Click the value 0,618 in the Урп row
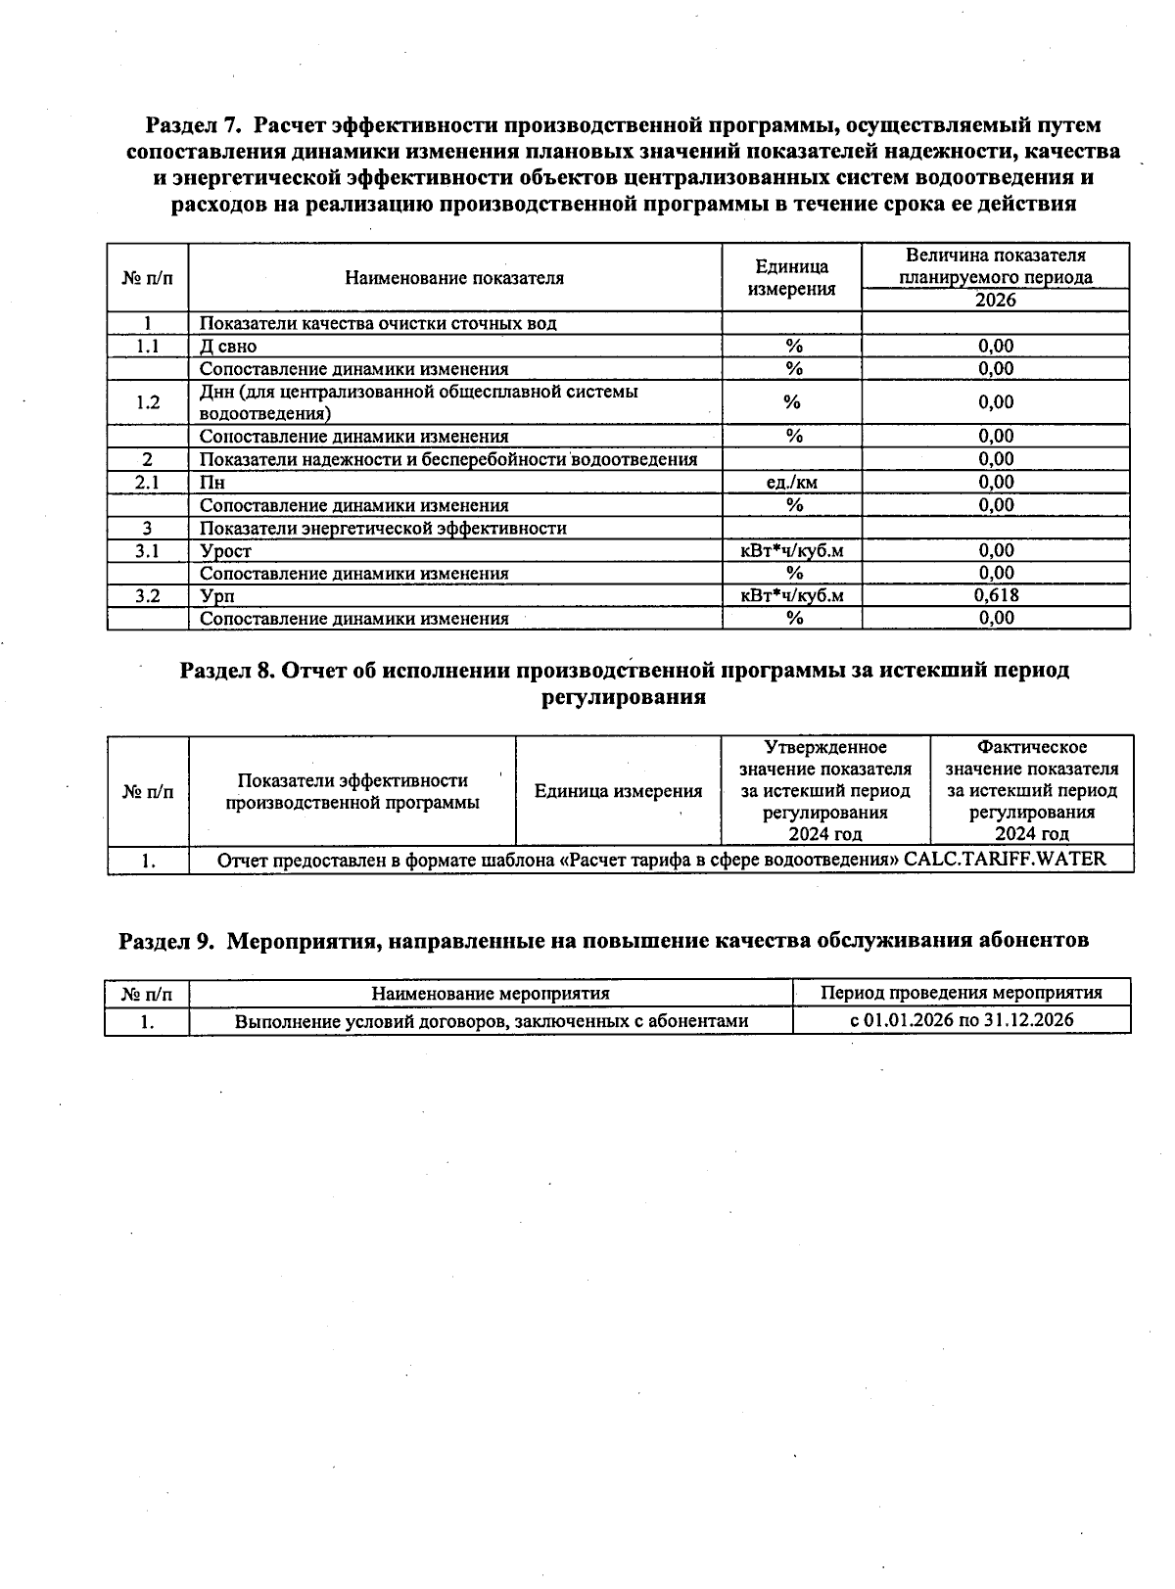tap(996, 595)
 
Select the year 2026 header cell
tap(996, 300)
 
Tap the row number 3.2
tap(148, 595)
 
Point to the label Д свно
tap(228, 346)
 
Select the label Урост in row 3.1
tap(225, 551)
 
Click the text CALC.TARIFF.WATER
tap(1005, 860)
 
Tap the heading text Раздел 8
tap(226, 671)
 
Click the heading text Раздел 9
tap(165, 940)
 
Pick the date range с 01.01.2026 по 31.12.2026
tap(962, 1020)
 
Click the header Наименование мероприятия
tap(491, 993)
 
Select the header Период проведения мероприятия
tap(962, 993)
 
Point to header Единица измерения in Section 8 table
tap(618, 791)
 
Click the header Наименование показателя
tap(454, 278)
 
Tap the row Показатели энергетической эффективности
tap(383, 528)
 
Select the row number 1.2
tap(148, 402)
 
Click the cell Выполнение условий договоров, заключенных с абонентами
tap(492, 1021)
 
